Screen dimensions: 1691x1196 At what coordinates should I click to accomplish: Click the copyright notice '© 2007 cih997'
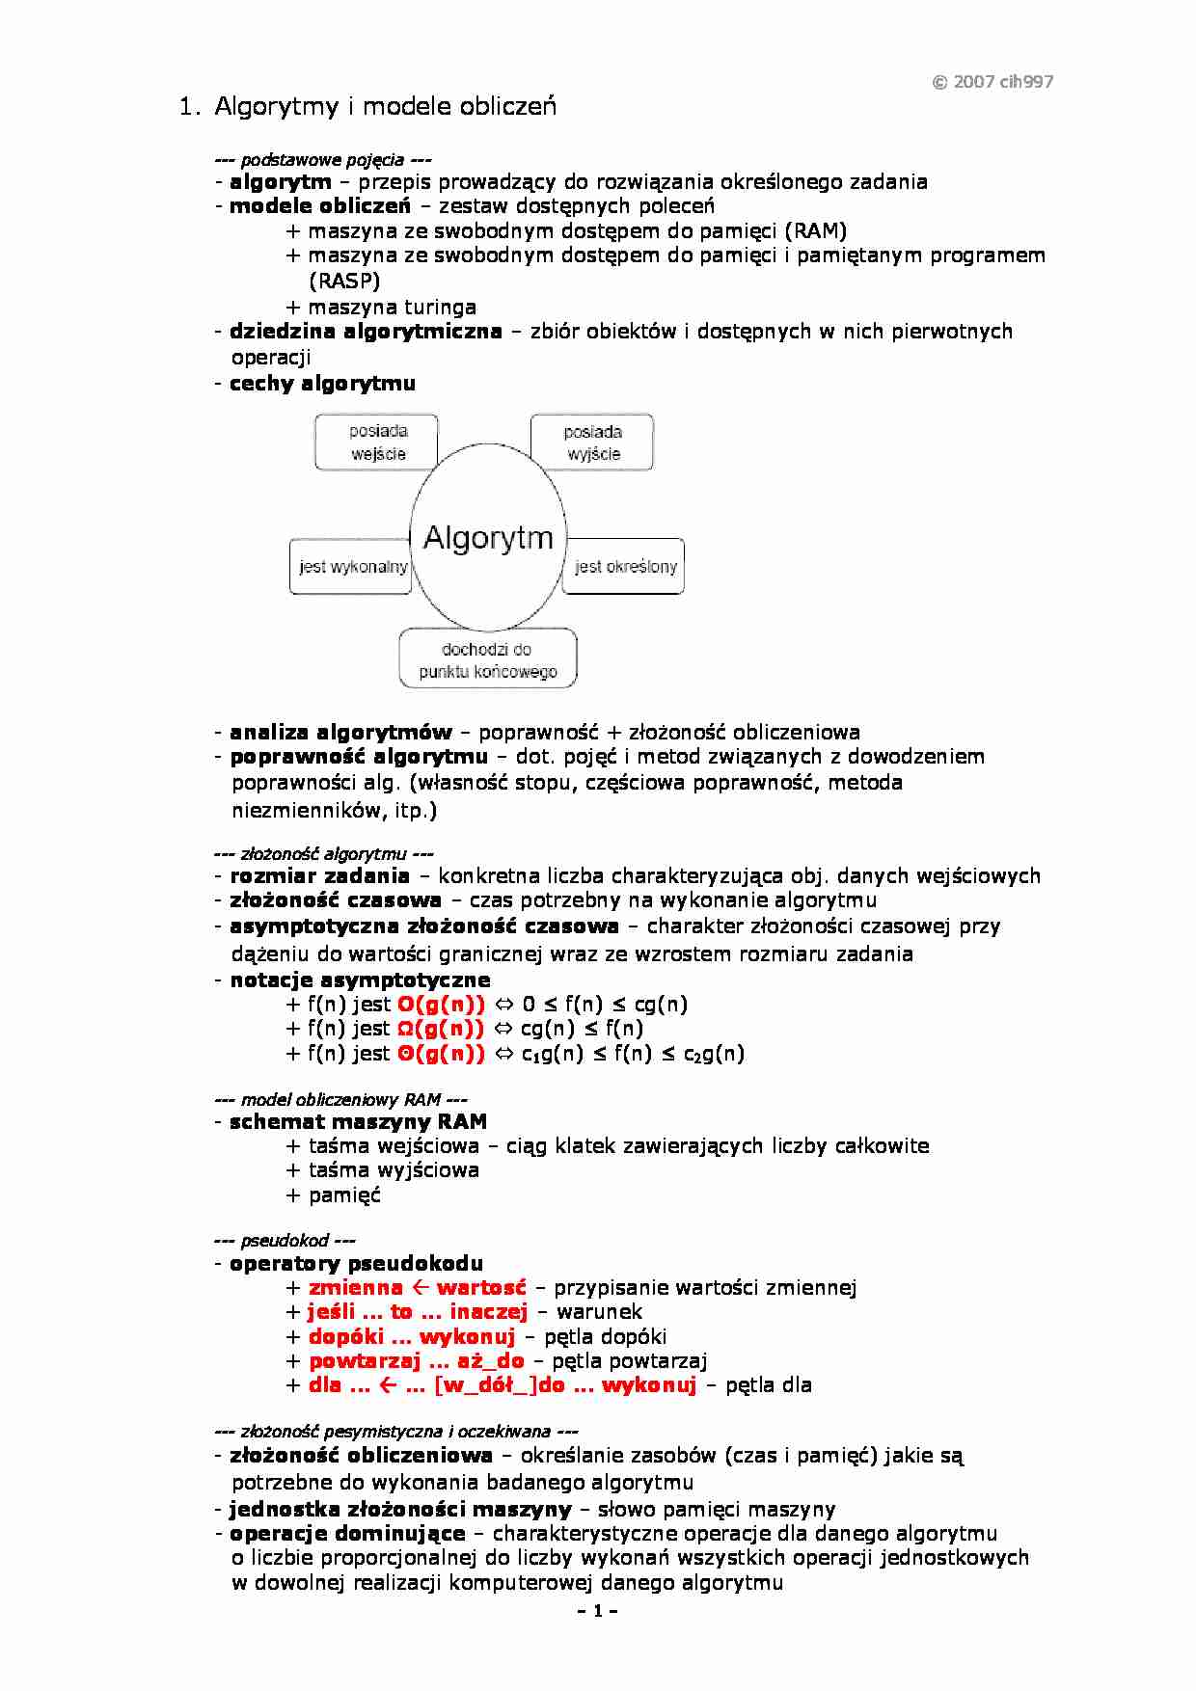click(x=992, y=82)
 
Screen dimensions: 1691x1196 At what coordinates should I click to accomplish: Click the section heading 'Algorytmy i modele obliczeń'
click(x=385, y=106)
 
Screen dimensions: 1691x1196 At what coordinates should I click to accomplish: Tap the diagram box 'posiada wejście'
click(x=377, y=443)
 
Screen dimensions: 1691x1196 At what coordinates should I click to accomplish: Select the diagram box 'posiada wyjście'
click(x=592, y=443)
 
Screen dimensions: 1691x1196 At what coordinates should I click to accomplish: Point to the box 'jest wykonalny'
click(x=352, y=567)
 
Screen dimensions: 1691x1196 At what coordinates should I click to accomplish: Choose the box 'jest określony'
click(x=625, y=567)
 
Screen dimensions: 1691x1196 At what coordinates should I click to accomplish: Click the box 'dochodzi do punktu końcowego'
click(x=488, y=659)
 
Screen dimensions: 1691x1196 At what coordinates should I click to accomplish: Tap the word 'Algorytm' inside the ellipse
click(x=488, y=537)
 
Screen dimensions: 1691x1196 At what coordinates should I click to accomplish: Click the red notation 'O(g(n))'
click(x=441, y=1005)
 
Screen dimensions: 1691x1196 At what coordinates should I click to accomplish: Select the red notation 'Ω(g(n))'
click(x=441, y=1029)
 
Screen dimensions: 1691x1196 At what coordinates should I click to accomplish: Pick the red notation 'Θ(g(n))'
click(x=441, y=1054)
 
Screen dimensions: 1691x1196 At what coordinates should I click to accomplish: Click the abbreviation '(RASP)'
click(x=344, y=281)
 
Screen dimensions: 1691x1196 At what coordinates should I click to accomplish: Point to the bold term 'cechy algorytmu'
click(x=322, y=384)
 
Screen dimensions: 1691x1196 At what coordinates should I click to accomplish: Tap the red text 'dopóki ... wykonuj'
click(x=412, y=1337)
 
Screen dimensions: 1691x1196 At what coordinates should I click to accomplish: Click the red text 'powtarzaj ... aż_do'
click(x=417, y=1361)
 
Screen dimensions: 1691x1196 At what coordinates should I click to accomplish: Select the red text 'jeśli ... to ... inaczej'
click(x=418, y=1312)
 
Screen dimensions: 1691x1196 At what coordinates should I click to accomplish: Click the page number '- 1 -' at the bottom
click(x=597, y=1611)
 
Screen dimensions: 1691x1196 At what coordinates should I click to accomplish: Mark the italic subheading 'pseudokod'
click(x=285, y=1241)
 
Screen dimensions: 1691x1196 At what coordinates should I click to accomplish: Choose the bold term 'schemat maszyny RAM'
click(x=358, y=1122)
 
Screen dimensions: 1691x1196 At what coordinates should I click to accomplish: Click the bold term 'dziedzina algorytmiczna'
click(x=366, y=332)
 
